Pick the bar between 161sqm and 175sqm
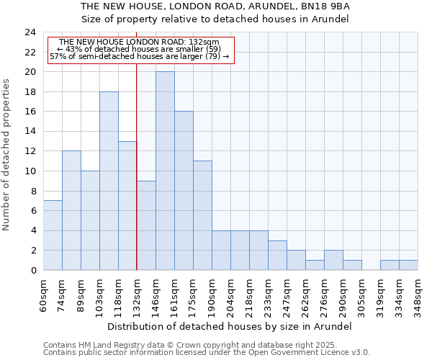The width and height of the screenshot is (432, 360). [184, 191]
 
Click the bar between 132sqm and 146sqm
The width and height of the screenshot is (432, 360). [146, 225]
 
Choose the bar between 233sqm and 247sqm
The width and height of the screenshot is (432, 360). [277, 256]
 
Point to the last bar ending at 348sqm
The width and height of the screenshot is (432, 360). [408, 265]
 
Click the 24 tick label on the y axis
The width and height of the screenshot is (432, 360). [30, 32]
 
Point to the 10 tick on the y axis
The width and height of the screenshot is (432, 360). [30, 171]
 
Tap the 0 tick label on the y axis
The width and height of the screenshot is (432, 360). [33, 271]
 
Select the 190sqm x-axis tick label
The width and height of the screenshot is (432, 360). [212, 294]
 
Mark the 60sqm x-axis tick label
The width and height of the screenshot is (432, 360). [44, 294]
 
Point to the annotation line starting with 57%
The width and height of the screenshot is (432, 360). [139, 56]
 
